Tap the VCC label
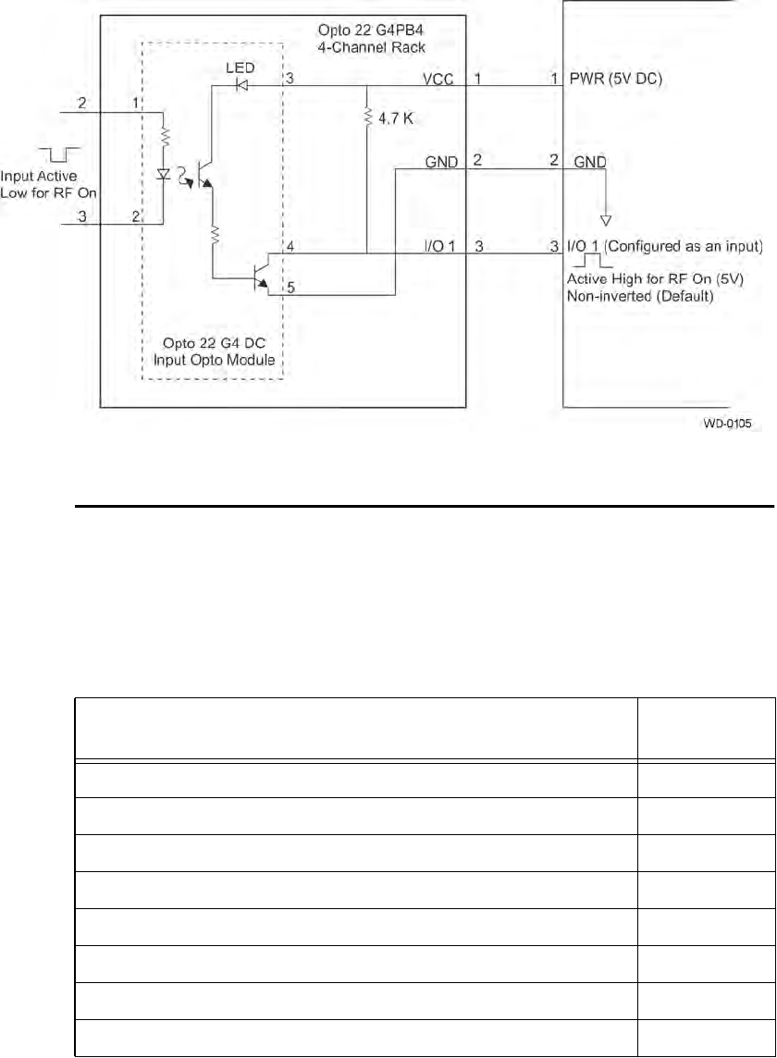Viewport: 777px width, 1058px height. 439,80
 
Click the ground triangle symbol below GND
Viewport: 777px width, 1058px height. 606,219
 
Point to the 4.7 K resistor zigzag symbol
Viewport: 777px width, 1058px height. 368,117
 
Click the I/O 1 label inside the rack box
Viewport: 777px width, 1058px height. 439,246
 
